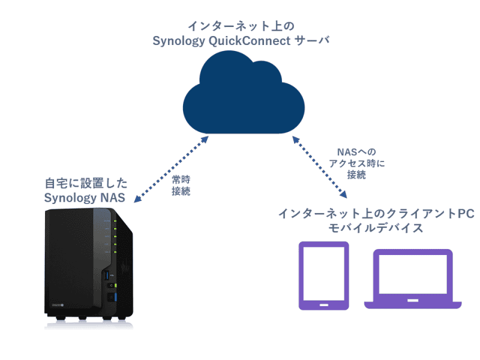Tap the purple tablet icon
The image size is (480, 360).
click(x=324, y=275)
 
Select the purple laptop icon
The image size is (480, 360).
click(x=413, y=279)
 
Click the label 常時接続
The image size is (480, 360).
click(x=181, y=186)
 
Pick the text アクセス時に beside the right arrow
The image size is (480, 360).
click(x=356, y=164)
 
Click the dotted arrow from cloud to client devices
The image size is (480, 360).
click(x=319, y=166)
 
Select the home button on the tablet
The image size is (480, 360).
click(x=324, y=304)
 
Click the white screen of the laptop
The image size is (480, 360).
click(x=413, y=273)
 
